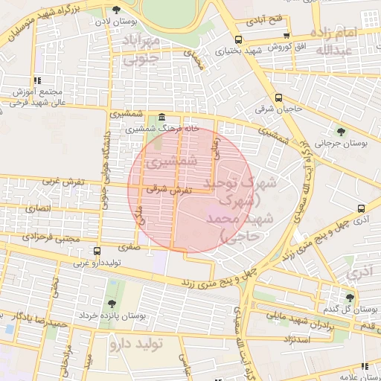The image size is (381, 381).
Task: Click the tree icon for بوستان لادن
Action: pyautogui.click(x=116, y=10)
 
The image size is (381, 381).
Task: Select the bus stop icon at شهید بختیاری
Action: pyautogui.click(x=238, y=39)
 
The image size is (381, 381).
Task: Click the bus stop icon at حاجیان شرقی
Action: pyautogui.click(x=278, y=97)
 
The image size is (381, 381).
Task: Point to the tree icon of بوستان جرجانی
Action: pyautogui.click(x=342, y=131)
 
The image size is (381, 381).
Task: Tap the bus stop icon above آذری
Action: pyautogui.click(x=361, y=208)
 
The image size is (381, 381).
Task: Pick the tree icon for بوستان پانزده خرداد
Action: pyautogui.click(x=111, y=304)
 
